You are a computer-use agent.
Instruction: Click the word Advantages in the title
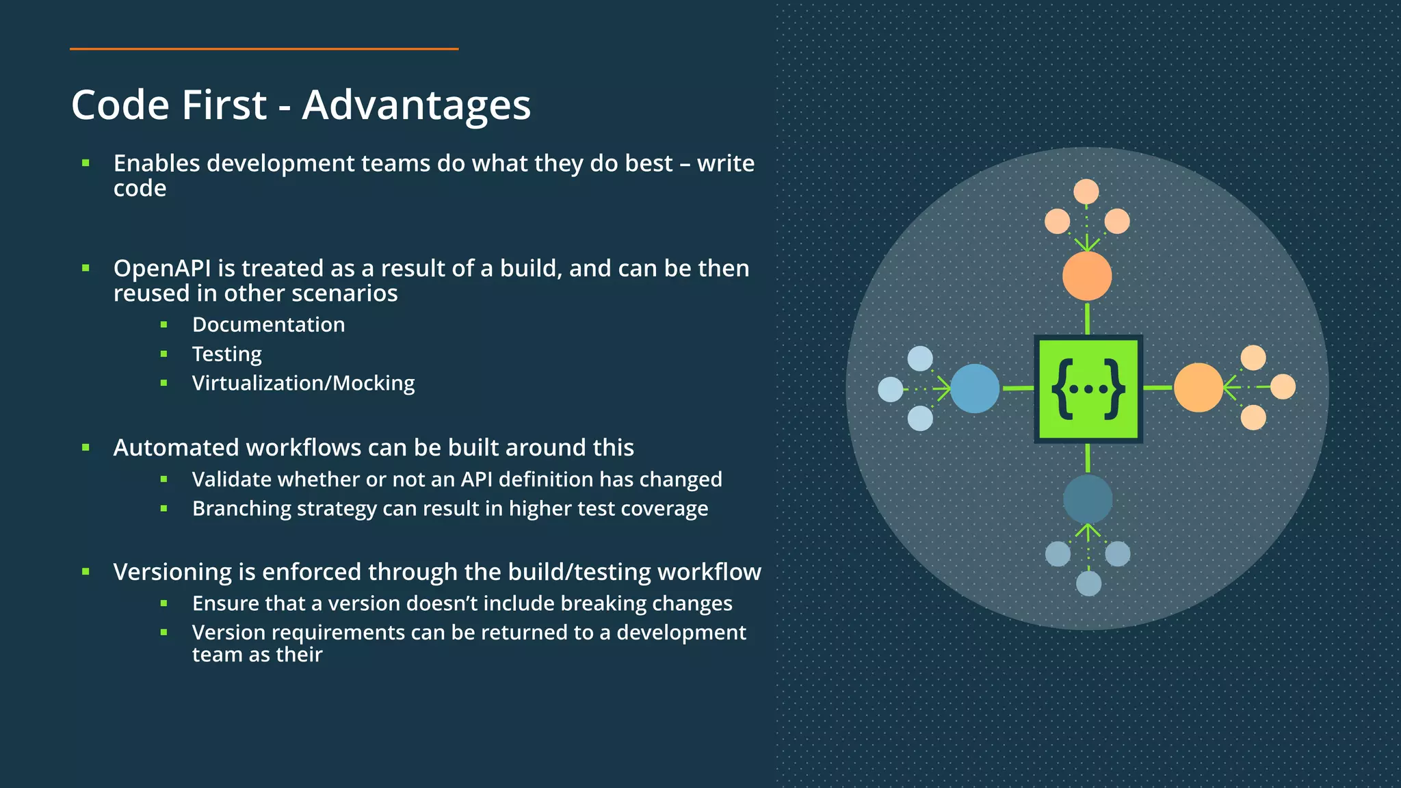coord(416,105)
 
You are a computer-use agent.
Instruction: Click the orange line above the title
coord(263,49)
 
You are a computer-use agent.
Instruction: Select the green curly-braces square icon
coord(1088,389)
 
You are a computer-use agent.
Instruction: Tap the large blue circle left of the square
coord(975,389)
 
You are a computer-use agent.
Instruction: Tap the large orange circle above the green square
coord(1087,276)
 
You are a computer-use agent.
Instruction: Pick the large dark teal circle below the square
coord(1088,499)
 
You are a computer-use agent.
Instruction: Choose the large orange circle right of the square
coord(1199,388)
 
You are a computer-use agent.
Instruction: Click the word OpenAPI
coord(162,268)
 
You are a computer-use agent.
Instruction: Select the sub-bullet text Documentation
coord(268,324)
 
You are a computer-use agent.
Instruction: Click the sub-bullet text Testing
coord(226,354)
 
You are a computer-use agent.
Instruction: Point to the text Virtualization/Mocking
coord(303,383)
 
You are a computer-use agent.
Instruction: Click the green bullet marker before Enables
coord(86,163)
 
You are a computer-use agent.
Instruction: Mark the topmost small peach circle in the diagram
coord(1086,192)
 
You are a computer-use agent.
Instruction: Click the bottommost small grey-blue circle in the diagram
coord(1088,583)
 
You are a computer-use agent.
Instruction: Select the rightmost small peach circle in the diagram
coord(1283,386)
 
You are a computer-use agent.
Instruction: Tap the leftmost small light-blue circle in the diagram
coord(890,389)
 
